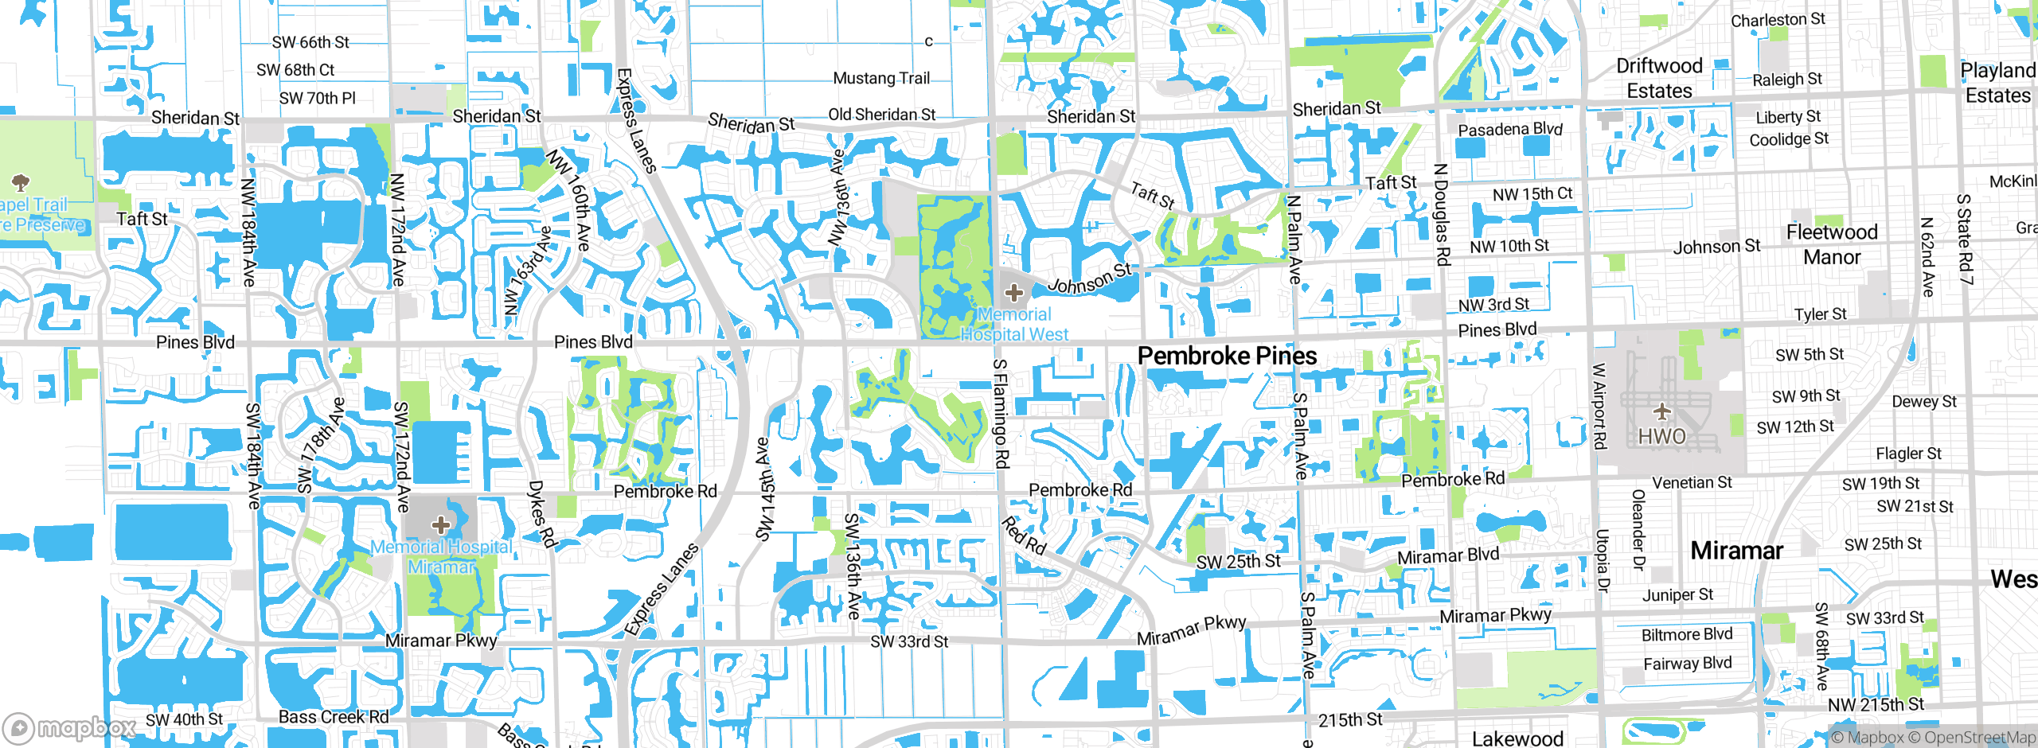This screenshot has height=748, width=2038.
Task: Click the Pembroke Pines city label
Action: click(1227, 356)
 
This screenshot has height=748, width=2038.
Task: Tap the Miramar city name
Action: click(1736, 551)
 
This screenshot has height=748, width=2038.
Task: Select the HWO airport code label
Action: click(1661, 436)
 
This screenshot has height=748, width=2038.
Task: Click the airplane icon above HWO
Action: click(1661, 411)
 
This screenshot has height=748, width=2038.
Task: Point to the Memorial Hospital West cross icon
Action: click(1013, 293)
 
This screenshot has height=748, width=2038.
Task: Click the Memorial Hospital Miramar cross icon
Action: click(441, 524)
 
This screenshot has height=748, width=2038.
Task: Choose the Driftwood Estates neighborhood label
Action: click(1659, 78)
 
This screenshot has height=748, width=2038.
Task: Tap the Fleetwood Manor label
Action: click(1832, 244)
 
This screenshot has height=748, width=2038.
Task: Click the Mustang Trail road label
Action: click(881, 78)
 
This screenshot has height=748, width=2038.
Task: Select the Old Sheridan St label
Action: click(881, 115)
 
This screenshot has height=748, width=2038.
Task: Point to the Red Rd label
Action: click(1024, 536)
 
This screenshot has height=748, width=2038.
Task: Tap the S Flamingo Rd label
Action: click(1001, 414)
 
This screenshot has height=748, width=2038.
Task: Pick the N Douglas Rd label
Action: click(1441, 215)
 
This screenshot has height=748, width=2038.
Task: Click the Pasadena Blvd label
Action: click(1509, 129)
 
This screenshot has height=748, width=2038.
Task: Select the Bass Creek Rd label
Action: click(334, 717)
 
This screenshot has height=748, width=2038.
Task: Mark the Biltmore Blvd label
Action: click(1686, 634)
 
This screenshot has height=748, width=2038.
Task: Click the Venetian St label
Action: click(1692, 482)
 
